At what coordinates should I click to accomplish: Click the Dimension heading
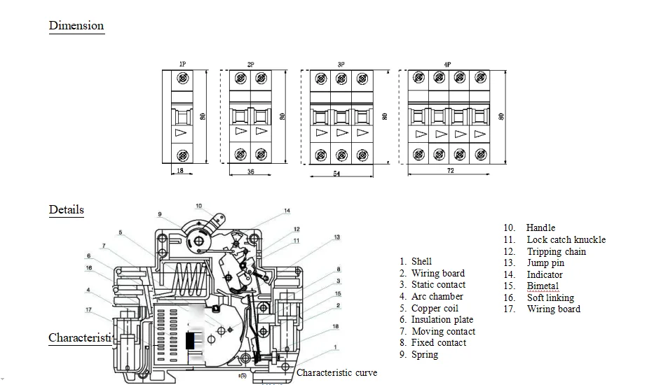pos(76,26)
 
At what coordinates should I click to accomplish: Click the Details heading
pos(67,209)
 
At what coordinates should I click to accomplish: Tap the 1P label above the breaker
pos(182,64)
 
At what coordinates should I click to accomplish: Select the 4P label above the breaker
pos(447,64)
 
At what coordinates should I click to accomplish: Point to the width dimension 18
pos(181,171)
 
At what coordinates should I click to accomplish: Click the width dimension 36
pos(251,171)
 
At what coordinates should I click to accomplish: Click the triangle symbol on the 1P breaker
pos(182,132)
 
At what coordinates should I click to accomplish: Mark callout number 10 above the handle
pos(198,206)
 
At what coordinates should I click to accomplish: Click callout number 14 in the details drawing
pos(287,211)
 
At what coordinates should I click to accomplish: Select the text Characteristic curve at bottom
pos(336,372)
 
